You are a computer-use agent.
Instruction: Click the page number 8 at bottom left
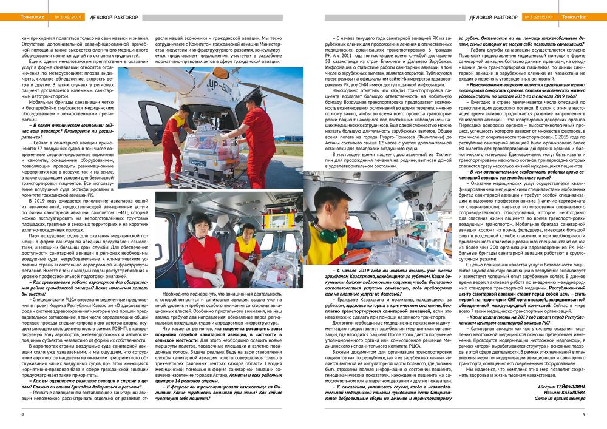[x=22, y=414]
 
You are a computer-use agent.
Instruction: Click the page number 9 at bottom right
[x=583, y=414]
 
